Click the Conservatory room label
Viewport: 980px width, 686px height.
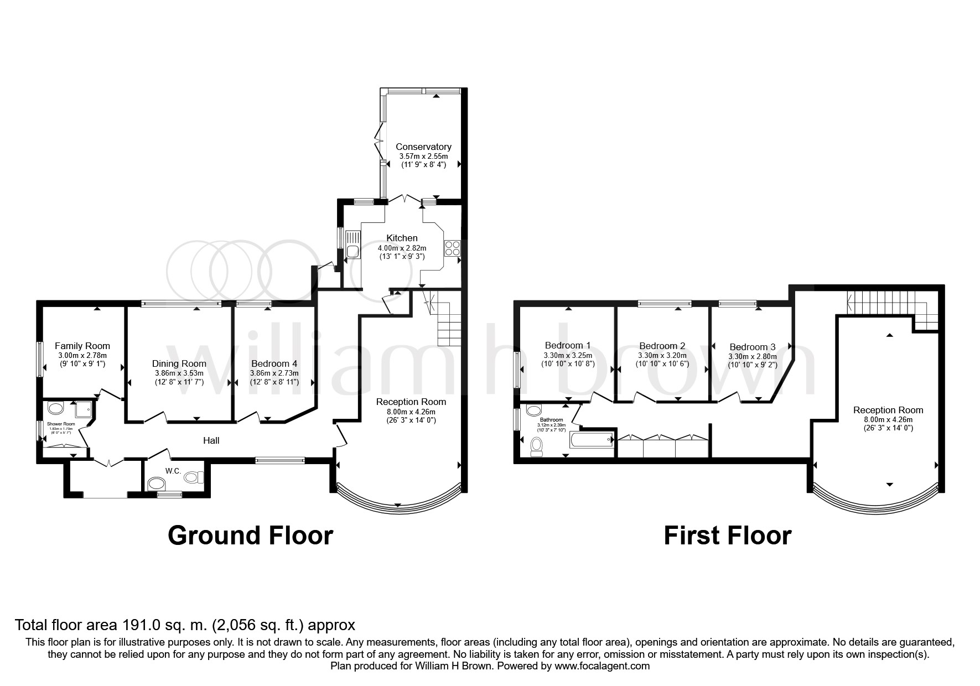[x=423, y=147]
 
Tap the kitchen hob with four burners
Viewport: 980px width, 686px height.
[x=452, y=248]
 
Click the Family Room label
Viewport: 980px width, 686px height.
[x=82, y=346]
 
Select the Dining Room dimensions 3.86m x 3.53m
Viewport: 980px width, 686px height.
[x=179, y=373]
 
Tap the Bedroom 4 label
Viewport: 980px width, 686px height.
[x=274, y=363]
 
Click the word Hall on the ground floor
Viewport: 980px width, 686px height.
[x=211, y=440]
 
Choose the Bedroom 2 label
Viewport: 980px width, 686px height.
[x=662, y=346]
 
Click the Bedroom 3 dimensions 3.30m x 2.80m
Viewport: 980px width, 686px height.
[x=752, y=357]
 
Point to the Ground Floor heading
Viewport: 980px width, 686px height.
[x=250, y=536]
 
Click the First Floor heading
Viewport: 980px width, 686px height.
[x=727, y=536]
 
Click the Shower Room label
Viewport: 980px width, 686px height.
[x=61, y=424]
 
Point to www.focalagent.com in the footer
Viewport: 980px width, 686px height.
[x=602, y=666]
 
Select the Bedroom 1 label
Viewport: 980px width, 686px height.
[x=567, y=345]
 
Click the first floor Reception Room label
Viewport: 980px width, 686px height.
[x=888, y=410]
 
